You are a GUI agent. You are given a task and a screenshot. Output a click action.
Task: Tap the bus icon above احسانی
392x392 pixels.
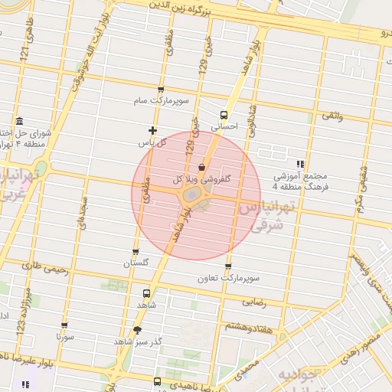coord(224,114)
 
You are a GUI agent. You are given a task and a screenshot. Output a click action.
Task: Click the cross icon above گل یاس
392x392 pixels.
coord(152,130)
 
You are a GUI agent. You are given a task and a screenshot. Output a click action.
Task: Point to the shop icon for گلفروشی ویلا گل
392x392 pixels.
coord(201,166)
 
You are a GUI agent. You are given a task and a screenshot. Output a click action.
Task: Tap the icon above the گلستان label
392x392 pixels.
coord(136,252)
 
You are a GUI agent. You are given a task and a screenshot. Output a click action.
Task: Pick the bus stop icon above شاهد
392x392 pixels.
coord(146,293)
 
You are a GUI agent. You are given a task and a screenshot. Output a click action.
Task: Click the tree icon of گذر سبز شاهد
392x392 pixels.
coord(137,330)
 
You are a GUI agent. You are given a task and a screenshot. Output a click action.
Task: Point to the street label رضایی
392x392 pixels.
coord(254,302)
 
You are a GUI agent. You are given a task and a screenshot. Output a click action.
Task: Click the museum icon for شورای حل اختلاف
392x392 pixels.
coord(19,122)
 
